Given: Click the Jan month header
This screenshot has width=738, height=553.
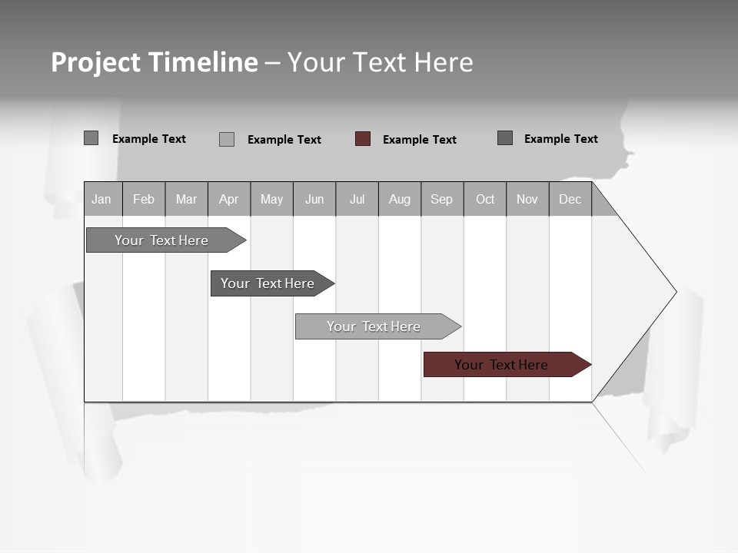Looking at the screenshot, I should (x=101, y=199).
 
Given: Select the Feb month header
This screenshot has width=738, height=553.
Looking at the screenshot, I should (x=144, y=199).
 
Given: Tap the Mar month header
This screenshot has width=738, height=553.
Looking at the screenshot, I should (x=186, y=199).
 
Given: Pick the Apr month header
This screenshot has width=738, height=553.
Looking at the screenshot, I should (x=228, y=199).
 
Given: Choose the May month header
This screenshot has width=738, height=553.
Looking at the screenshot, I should (x=271, y=199).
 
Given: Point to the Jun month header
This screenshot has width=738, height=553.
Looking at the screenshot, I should (x=314, y=199).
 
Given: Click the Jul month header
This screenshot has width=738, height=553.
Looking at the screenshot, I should (x=357, y=199).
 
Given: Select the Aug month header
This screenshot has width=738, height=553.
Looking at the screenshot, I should (x=400, y=199).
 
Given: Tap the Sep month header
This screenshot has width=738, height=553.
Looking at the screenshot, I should (x=442, y=199).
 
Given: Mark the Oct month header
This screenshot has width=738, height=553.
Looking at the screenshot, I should (x=485, y=199).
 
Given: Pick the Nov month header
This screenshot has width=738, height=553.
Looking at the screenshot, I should (x=527, y=199).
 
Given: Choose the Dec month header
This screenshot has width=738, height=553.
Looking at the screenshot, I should (x=570, y=199).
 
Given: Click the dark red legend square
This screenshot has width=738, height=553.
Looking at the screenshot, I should (x=363, y=139).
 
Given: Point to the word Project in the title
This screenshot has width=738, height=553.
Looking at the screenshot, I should (x=96, y=62).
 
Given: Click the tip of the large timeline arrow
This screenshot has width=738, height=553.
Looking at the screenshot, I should (x=674, y=292).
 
